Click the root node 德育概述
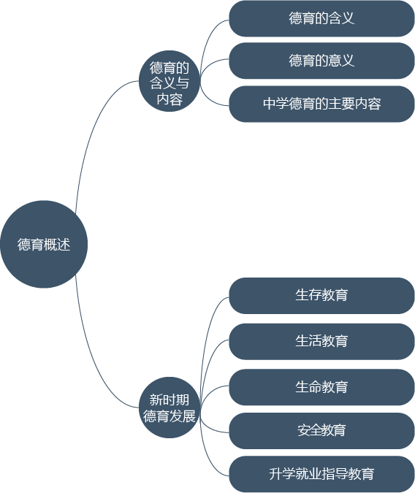point(44,244)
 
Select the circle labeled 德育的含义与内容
point(170,81)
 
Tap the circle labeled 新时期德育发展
point(170,408)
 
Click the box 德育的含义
point(321,18)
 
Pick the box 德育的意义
point(321,61)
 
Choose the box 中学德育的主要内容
point(321,104)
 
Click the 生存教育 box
point(321,296)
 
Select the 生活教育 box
point(321,342)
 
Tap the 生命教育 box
point(321,387)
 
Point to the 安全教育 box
point(321,431)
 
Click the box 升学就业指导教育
point(321,474)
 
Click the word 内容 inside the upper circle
point(170,99)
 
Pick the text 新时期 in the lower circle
point(170,400)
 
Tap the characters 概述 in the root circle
point(57,245)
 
